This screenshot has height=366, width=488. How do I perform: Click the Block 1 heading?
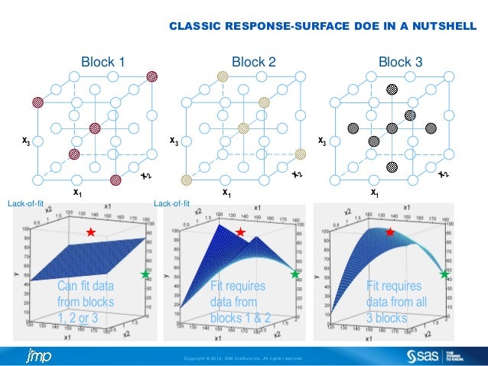pos(103,61)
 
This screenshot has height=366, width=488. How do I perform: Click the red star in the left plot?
pos(90,232)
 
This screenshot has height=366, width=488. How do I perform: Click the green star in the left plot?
pos(145,274)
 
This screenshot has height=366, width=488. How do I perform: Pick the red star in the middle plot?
pos(240,232)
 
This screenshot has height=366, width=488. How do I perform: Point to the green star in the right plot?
pos(444,273)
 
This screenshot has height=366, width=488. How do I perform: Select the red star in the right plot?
pos(389,232)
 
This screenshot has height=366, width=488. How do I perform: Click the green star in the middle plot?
pos(294,274)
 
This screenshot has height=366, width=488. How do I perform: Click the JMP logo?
pos(38,356)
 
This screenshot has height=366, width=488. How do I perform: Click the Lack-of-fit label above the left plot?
pos(25,204)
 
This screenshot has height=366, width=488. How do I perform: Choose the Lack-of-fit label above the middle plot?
pos(172,204)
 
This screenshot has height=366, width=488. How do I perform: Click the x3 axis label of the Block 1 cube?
pos(26,141)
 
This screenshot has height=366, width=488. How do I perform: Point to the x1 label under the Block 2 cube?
pos(226,193)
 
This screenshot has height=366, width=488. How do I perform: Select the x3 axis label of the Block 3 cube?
pos(323,141)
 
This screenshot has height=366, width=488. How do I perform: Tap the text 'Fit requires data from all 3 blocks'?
pos(394,303)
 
